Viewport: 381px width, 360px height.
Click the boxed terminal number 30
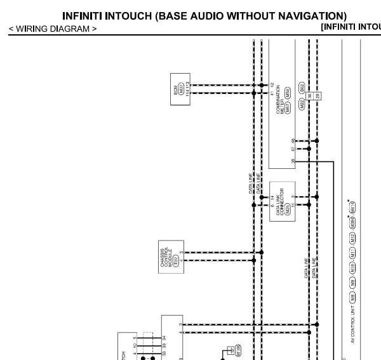point(310,96)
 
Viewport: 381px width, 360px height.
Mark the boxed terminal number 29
point(317,96)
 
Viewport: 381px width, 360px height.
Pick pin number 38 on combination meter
point(293,162)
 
